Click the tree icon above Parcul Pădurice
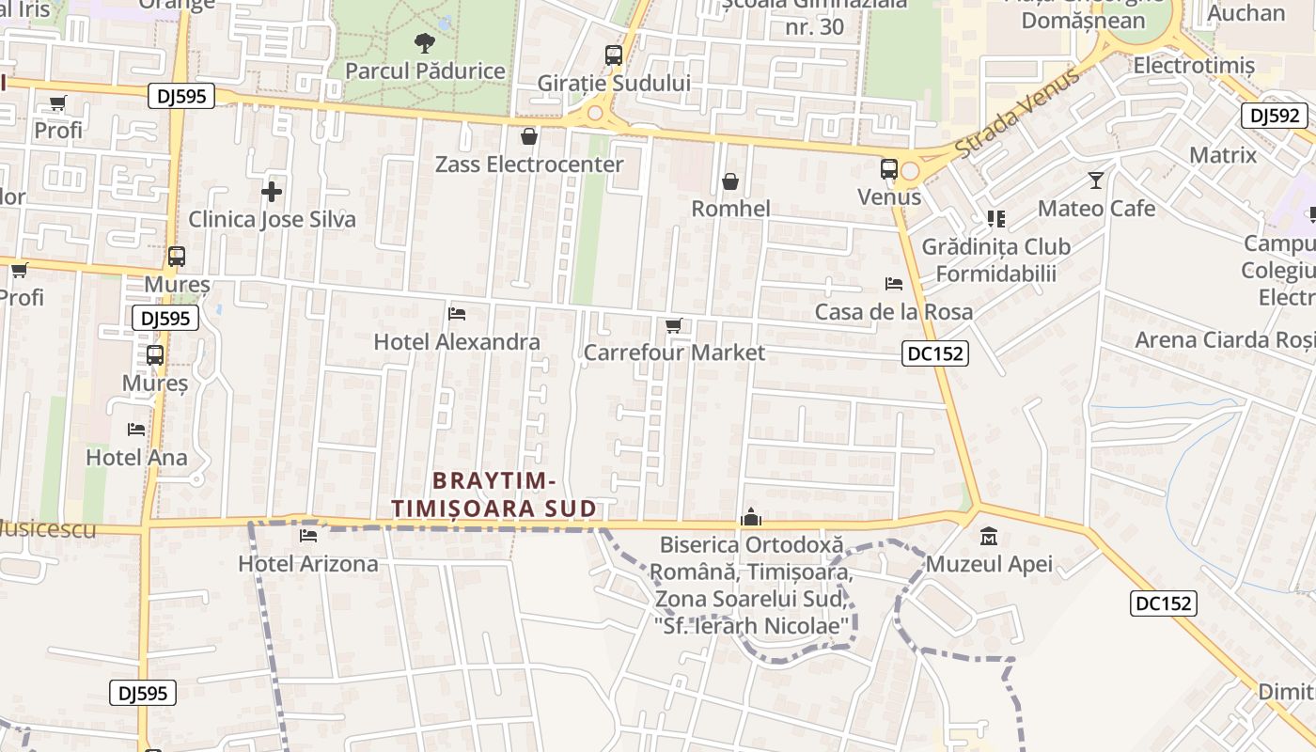pos(425,42)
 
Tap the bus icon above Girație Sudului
pos(614,55)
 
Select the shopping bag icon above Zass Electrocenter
pos(529,137)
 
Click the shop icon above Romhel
pos(730,181)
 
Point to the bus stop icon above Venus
pos(889,169)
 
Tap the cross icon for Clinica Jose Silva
pos(272,192)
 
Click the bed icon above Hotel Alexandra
pos(457,313)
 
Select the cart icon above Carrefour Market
pos(673,325)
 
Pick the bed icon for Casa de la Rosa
pos(894,283)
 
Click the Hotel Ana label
pos(136,458)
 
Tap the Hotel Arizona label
pos(308,564)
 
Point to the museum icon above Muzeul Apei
pos(989,537)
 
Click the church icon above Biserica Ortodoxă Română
pos(750,516)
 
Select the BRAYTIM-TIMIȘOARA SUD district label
pos(494,495)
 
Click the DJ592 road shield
pos(1275,116)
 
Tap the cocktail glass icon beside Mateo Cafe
pos(1096,180)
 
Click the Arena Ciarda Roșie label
pos(1225,339)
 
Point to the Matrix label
pos(1222,155)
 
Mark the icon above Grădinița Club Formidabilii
pos(996,219)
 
